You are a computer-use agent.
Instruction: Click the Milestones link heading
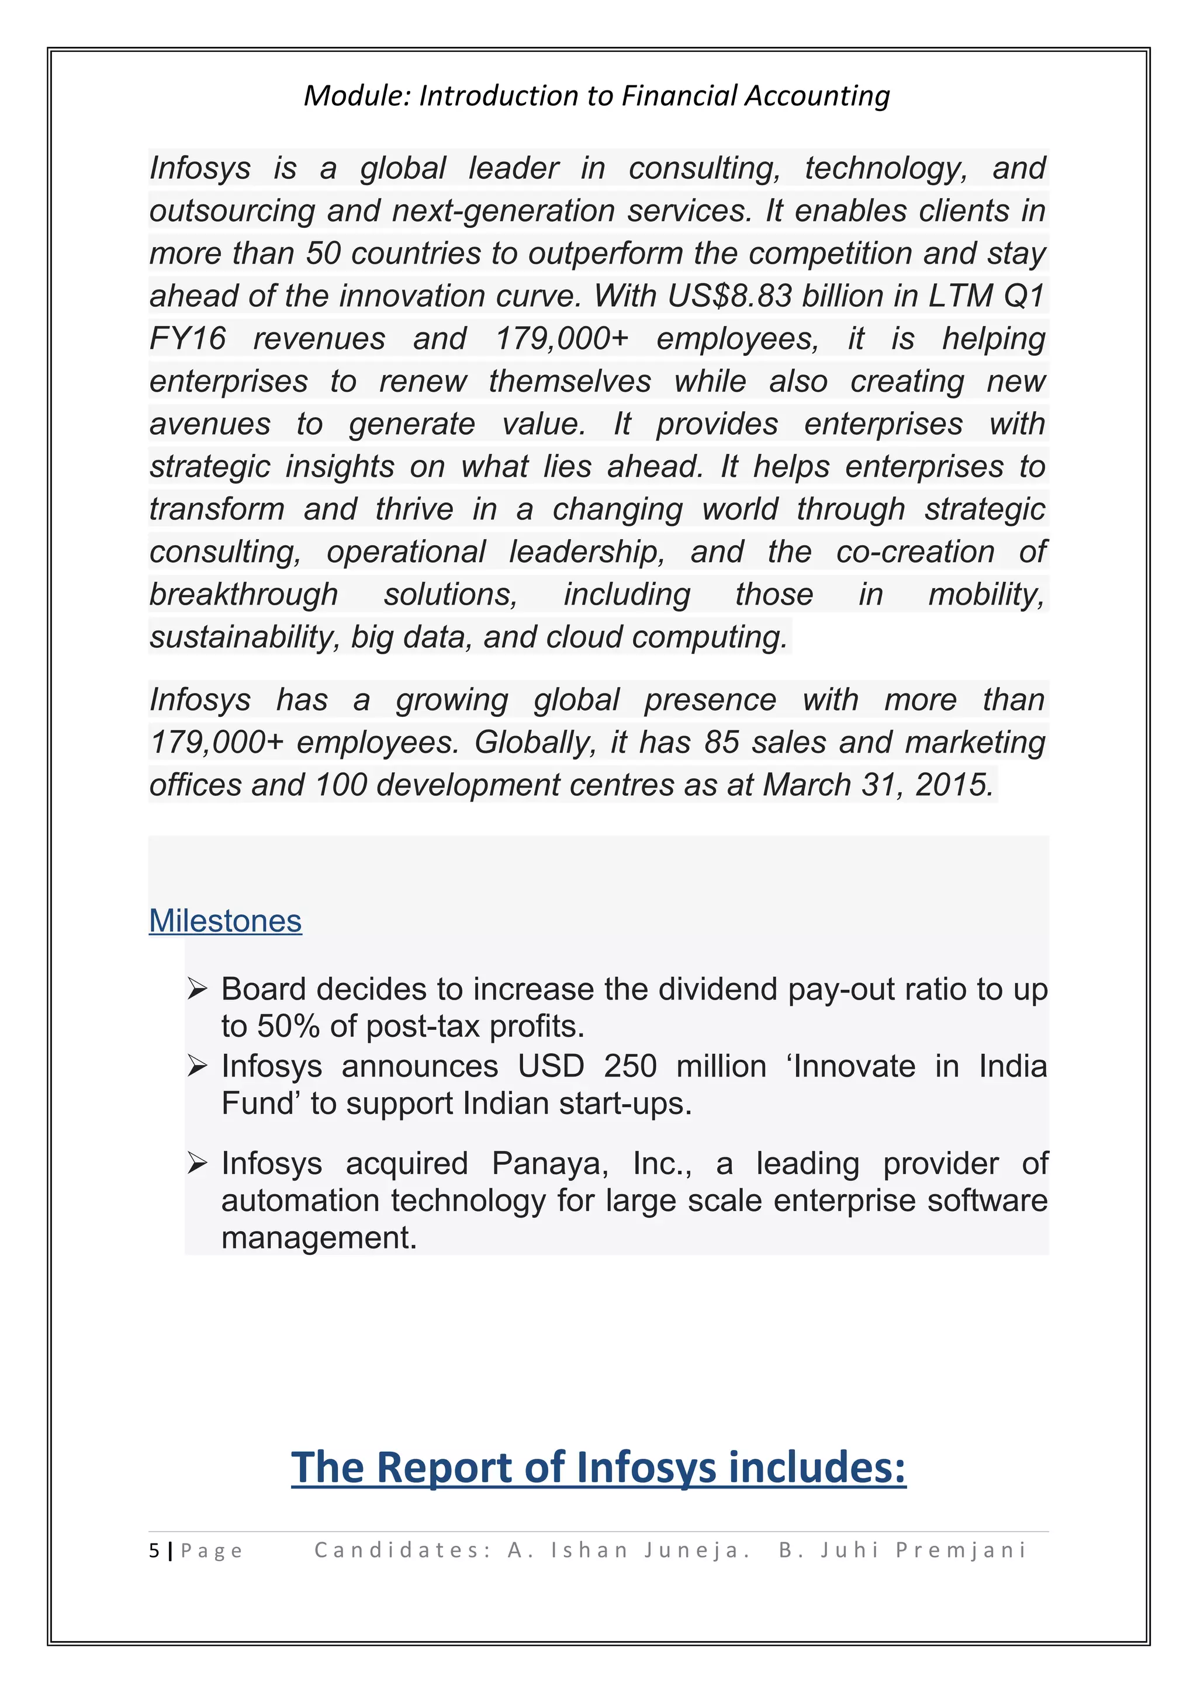pos(225,921)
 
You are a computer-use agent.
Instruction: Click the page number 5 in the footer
pos(153,1550)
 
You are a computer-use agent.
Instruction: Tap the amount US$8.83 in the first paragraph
pos(729,296)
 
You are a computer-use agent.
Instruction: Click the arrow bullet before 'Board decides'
pos(197,989)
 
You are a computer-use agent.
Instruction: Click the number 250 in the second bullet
pos(630,1066)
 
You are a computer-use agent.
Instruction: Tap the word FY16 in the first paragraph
pos(188,338)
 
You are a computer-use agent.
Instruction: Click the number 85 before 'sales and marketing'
pos(721,743)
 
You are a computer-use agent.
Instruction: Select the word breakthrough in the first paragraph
pos(243,594)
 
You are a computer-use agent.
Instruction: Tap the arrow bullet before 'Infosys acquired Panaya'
pos(197,1164)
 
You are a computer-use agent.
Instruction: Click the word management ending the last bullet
pos(319,1237)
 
